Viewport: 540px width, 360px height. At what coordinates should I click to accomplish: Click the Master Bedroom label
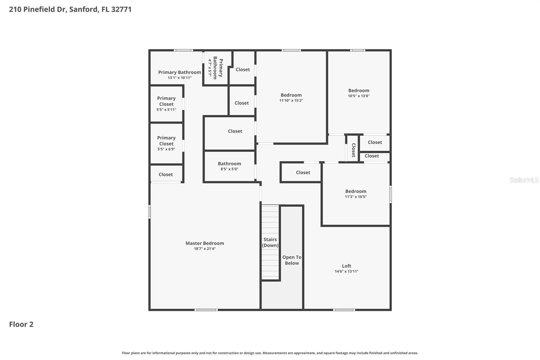(205, 243)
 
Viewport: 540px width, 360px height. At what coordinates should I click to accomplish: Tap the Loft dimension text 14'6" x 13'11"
(346, 271)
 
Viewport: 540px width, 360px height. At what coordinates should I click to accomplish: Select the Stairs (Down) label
(270, 242)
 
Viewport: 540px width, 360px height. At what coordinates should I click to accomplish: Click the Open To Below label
(292, 260)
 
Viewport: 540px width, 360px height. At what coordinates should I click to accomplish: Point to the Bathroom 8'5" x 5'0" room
(229, 166)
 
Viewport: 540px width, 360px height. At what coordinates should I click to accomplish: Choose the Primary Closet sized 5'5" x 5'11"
(166, 104)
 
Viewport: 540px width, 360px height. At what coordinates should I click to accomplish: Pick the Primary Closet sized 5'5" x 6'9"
(166, 143)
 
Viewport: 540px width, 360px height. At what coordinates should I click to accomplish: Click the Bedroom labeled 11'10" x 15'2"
(291, 97)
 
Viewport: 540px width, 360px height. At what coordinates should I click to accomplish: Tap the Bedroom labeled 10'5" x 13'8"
(358, 93)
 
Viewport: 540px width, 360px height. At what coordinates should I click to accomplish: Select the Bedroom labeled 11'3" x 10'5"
(355, 194)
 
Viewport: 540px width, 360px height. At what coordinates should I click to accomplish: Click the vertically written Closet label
(353, 150)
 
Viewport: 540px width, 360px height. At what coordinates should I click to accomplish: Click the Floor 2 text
(21, 324)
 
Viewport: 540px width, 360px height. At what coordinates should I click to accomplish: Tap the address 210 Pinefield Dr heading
(70, 9)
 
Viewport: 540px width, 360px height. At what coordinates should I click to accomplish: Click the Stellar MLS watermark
(524, 180)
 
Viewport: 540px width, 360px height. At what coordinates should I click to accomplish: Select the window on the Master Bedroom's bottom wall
(206, 310)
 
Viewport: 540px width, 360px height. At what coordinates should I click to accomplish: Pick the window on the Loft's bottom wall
(344, 310)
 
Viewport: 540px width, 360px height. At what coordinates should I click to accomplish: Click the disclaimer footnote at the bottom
(270, 353)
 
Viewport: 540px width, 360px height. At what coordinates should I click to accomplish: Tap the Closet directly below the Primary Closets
(165, 174)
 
